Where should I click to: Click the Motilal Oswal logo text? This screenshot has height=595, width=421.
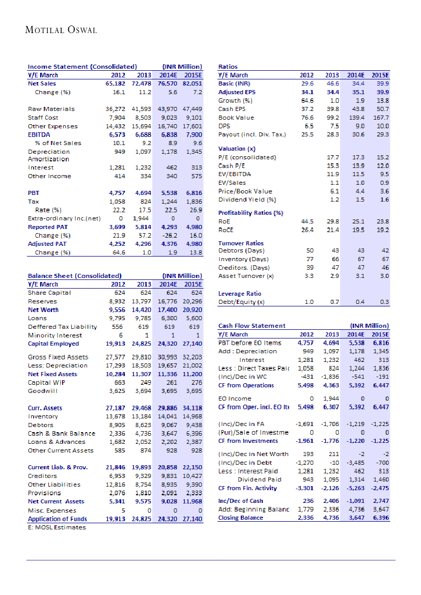(x=61, y=30)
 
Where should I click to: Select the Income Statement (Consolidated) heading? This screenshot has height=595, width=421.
(x=82, y=66)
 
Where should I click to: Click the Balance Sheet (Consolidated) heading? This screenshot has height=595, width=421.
(x=74, y=276)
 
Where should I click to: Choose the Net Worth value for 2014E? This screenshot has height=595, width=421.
(x=167, y=309)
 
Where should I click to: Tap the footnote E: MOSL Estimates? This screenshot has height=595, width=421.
(x=57, y=527)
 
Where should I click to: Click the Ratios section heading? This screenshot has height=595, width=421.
(x=228, y=66)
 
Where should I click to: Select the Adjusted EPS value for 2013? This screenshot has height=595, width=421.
(x=332, y=92)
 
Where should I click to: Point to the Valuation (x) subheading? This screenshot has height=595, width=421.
(x=237, y=149)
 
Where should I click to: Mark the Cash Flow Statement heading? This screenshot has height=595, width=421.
(x=251, y=326)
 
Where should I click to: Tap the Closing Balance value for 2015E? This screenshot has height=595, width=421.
(x=380, y=518)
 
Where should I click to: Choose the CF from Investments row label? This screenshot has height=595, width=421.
(x=248, y=441)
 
